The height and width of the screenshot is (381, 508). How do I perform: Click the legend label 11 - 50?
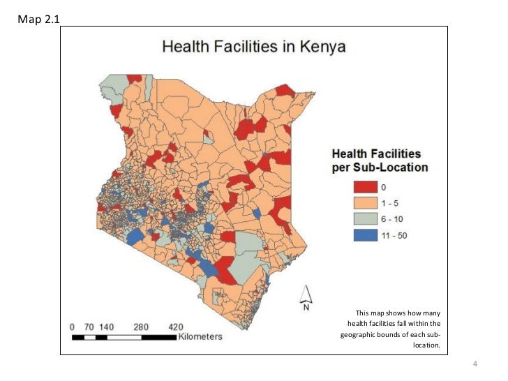394,235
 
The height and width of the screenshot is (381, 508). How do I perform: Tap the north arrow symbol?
305,297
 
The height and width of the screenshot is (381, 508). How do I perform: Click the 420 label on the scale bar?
176,327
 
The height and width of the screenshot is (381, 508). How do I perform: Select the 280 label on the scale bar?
141,327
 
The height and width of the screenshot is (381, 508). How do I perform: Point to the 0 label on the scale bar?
72,327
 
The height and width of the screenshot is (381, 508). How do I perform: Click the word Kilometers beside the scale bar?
200,337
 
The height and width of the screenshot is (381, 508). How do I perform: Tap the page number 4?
475,364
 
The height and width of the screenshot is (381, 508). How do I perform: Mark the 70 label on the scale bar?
89,327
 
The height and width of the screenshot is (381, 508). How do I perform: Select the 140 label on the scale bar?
107,327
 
